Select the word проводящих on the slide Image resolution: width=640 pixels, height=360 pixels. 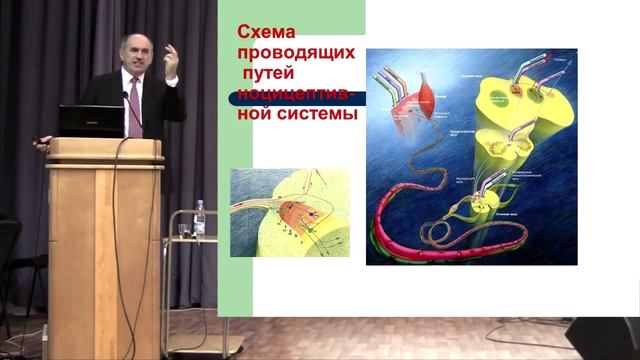tap(290, 55)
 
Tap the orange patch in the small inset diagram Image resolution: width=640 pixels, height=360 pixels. tap(292, 211)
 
